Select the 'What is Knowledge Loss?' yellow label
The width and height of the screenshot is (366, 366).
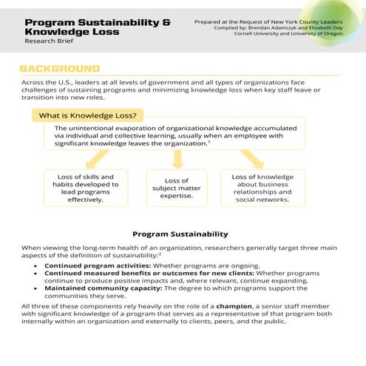pos(87,115)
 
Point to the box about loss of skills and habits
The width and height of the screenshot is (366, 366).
pos(86,188)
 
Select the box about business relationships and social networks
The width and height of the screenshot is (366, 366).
pos(262,188)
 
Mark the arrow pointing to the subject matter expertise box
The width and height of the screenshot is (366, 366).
pos(177,160)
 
